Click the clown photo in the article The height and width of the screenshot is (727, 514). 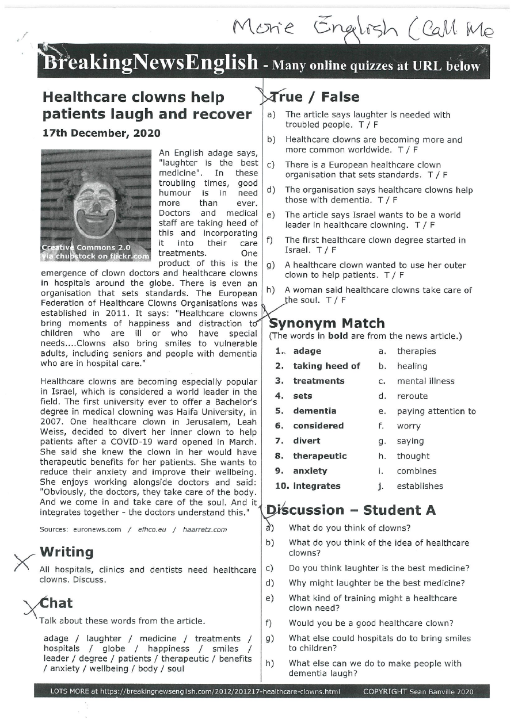[x=96, y=204]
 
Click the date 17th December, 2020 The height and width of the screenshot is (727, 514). [x=101, y=133]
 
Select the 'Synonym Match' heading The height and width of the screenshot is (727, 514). [x=327, y=323]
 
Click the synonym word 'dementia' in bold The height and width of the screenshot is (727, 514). [x=315, y=411]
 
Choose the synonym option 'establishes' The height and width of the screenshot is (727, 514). [x=420, y=486]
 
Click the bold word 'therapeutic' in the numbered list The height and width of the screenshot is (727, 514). [x=319, y=456]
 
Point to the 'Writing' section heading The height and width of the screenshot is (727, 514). [x=66, y=552]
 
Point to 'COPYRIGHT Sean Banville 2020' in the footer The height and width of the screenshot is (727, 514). [x=418, y=691]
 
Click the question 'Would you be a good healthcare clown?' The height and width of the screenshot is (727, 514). [x=371, y=623]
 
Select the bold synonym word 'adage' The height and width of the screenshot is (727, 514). [x=307, y=351]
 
